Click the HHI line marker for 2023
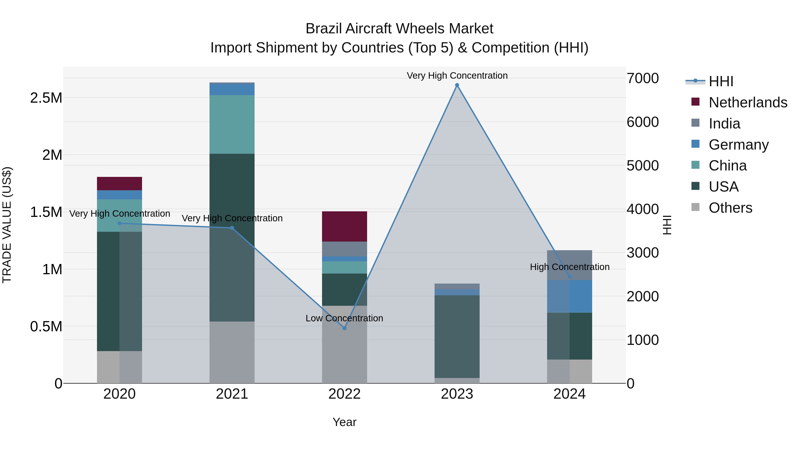click(457, 85)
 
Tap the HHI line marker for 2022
click(344, 328)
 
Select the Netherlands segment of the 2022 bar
click(344, 226)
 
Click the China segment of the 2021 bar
click(232, 124)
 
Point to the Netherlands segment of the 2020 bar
click(119, 184)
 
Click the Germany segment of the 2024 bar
click(570, 296)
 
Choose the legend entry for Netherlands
click(748, 102)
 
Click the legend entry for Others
click(730, 208)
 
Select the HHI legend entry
click(720, 81)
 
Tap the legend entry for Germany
click(738, 145)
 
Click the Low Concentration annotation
click(344, 318)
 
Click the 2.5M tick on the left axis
click(46, 98)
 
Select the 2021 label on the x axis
click(232, 394)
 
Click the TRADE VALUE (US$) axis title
click(7, 225)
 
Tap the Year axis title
click(344, 422)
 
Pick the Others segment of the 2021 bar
click(232, 352)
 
